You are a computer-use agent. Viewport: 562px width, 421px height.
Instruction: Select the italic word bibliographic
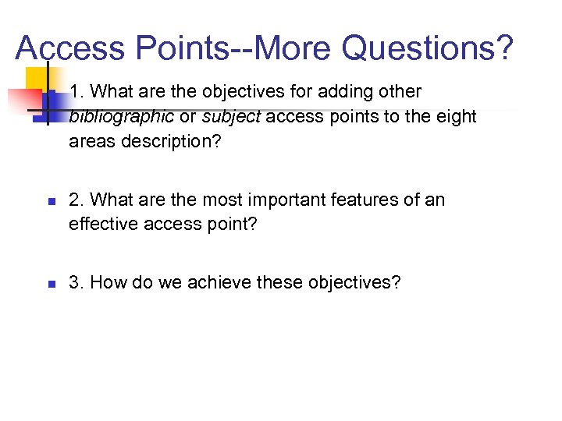pyautogui.click(x=121, y=117)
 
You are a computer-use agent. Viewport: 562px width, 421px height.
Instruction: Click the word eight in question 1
pyautogui.click(x=454, y=117)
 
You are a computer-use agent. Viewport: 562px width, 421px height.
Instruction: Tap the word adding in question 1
pyautogui.click(x=322, y=92)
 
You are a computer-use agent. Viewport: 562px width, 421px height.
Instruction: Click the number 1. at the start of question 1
pyautogui.click(x=76, y=92)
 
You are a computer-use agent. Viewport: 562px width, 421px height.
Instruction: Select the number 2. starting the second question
pyautogui.click(x=76, y=200)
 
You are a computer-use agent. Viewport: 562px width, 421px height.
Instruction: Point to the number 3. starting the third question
pyautogui.click(x=76, y=282)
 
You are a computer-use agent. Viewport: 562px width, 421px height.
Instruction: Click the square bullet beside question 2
pyautogui.click(x=48, y=201)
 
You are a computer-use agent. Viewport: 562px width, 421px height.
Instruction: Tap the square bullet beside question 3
pyautogui.click(x=48, y=283)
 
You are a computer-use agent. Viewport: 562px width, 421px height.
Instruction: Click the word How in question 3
pyautogui.click(x=107, y=282)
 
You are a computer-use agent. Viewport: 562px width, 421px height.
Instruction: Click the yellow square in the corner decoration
pyautogui.click(x=36, y=80)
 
